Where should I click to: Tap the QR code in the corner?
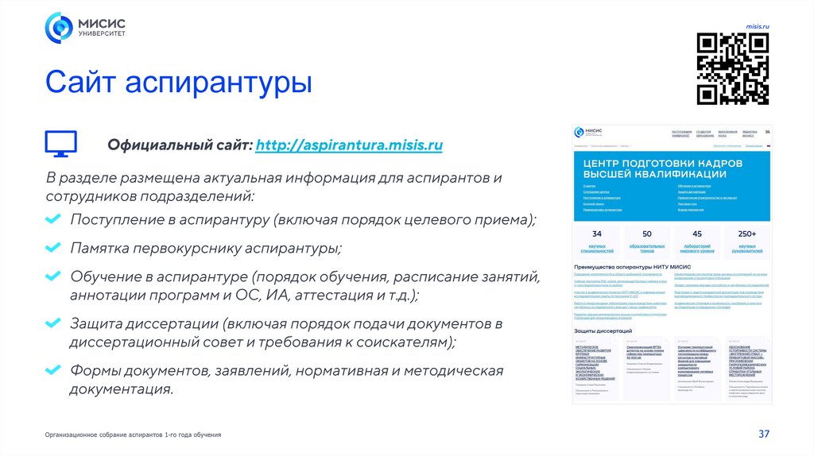tap(733, 69)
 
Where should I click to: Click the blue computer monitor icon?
tap(60, 143)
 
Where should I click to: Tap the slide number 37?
tap(765, 434)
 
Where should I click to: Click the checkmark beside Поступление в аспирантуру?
tap(53, 219)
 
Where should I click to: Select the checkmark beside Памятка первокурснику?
tap(53, 249)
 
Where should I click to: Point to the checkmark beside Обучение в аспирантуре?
tap(53, 278)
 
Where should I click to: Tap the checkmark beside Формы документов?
tap(53, 370)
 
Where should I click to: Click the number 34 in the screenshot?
tap(597, 234)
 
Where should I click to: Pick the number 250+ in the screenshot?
tap(746, 234)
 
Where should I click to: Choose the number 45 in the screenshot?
tap(697, 234)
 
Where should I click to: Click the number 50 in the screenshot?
tap(647, 234)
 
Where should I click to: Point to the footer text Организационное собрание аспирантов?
tap(133, 435)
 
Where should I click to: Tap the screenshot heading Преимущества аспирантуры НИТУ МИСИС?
tap(632, 267)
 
